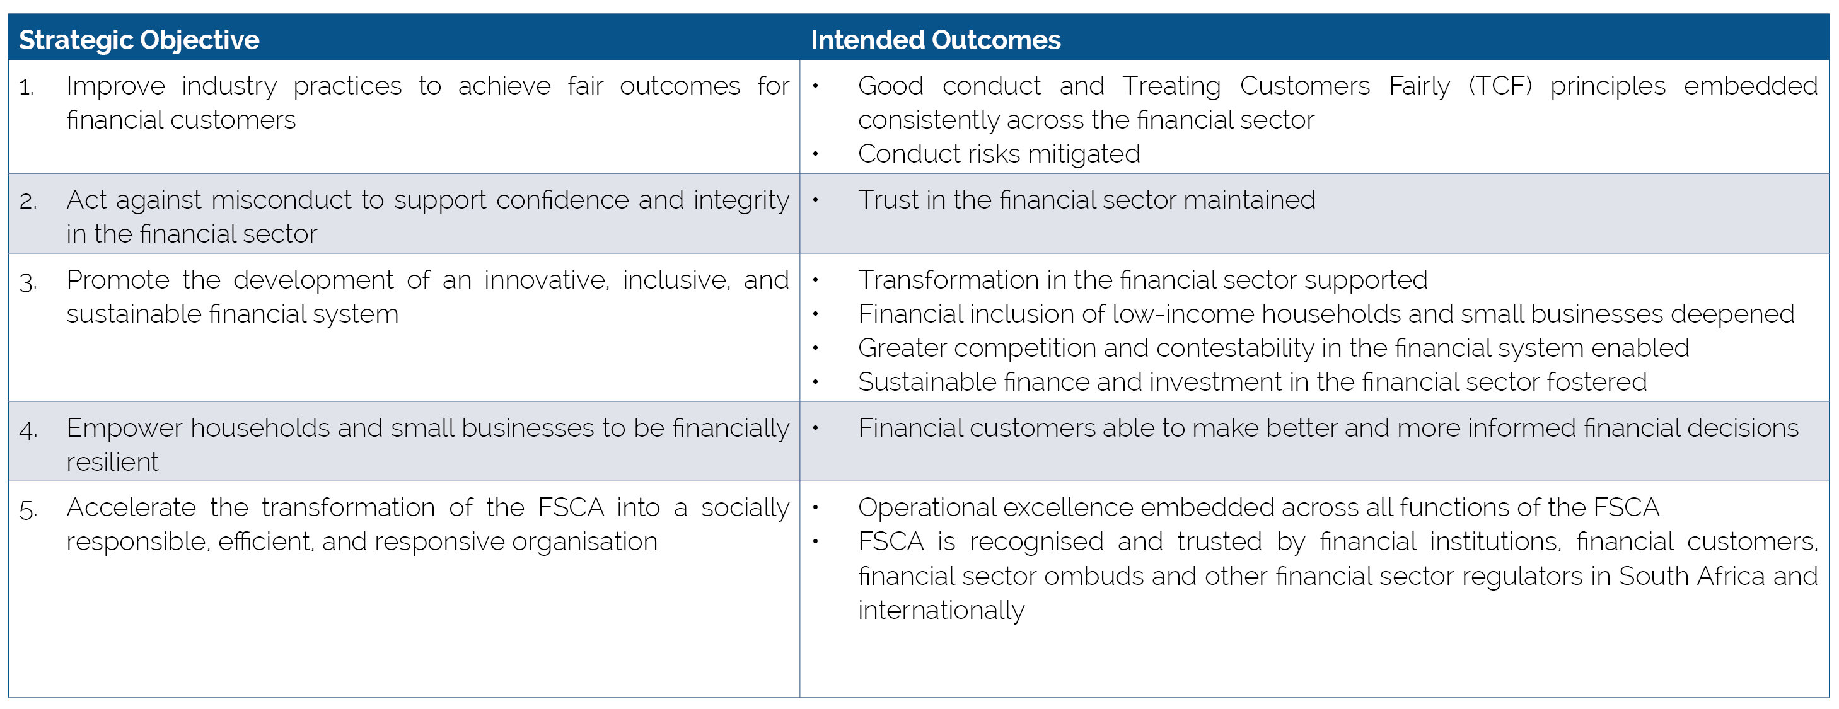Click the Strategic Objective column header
(x=139, y=40)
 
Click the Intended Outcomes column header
(x=935, y=40)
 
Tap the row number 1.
(x=26, y=87)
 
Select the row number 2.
(x=28, y=201)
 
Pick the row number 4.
(x=28, y=430)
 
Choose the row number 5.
(x=28, y=509)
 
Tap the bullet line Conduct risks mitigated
(x=998, y=154)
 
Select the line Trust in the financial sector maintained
(x=1086, y=200)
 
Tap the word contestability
(x=1234, y=349)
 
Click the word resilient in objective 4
(x=112, y=462)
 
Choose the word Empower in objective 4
(x=124, y=429)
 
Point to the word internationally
(x=941, y=611)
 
